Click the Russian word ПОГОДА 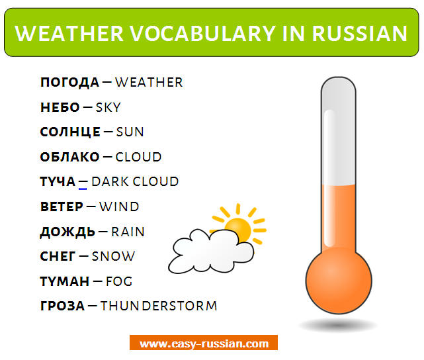pyautogui.click(x=69, y=83)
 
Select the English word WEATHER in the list pyautogui.click(x=149, y=83)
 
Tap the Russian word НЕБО pyautogui.click(x=60, y=107)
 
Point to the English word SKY pyautogui.click(x=108, y=107)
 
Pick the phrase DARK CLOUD pyautogui.click(x=135, y=182)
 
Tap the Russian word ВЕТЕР pyautogui.click(x=62, y=206)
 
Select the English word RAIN pyautogui.click(x=128, y=232)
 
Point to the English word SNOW pyautogui.click(x=113, y=256)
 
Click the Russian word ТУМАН pyautogui.click(x=65, y=281)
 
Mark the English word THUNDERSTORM pyautogui.click(x=159, y=306)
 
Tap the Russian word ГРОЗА pyautogui.click(x=63, y=306)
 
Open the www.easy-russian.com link pyautogui.click(x=204, y=343)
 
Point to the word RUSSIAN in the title pyautogui.click(x=360, y=33)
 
